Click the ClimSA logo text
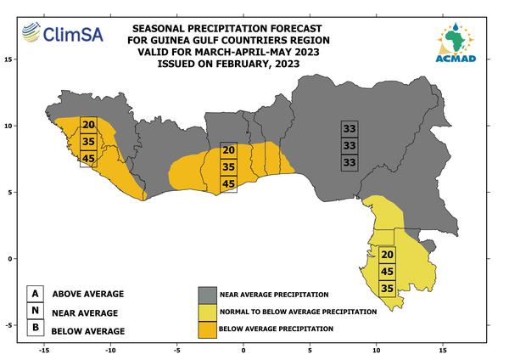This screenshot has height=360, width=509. [x=73, y=34]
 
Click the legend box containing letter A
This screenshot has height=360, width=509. [x=35, y=294]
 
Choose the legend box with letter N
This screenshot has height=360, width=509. [x=35, y=311]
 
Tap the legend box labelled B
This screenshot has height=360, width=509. [x=35, y=327]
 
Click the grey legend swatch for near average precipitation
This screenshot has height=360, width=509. [x=208, y=295]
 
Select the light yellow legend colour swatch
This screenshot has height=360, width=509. [x=208, y=312]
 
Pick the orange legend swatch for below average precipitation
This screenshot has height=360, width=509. [x=208, y=329]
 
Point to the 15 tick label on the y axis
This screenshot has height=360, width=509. [x=8, y=59]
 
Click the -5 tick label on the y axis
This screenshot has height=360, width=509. [x=8, y=325]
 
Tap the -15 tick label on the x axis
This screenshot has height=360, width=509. [x=44, y=351]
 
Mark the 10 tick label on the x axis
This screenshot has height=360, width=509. [x=376, y=351]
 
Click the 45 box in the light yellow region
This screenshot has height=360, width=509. [x=388, y=272]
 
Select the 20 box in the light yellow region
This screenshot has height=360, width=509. [x=388, y=255]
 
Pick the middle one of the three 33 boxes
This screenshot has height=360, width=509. [x=350, y=145]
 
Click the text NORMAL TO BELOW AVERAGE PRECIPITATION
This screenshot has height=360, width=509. [x=299, y=312]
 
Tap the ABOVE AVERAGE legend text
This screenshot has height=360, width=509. [x=88, y=294]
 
